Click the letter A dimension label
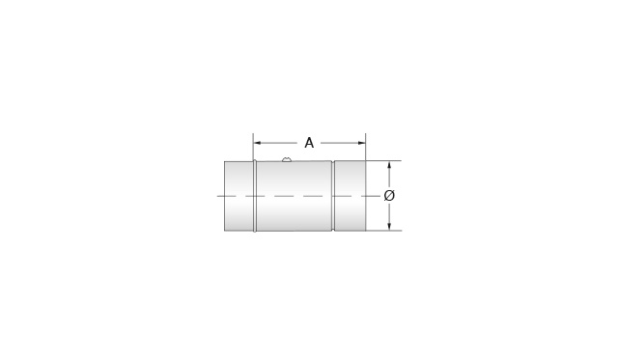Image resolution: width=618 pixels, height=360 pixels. (x=309, y=143)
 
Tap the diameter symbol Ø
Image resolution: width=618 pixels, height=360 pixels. (x=389, y=195)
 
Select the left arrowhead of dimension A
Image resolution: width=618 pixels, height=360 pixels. (x=257, y=143)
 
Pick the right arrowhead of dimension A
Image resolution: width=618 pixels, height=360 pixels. (x=362, y=143)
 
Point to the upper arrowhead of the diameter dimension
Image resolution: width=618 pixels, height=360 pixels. (x=389, y=165)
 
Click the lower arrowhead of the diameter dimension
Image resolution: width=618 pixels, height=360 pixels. (x=389, y=226)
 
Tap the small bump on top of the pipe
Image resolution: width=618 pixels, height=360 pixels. (x=287, y=159)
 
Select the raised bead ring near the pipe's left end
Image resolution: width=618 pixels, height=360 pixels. (x=255, y=195)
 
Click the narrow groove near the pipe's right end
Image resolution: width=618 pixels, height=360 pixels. (x=333, y=195)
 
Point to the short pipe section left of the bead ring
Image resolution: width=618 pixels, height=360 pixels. (x=239, y=195)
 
